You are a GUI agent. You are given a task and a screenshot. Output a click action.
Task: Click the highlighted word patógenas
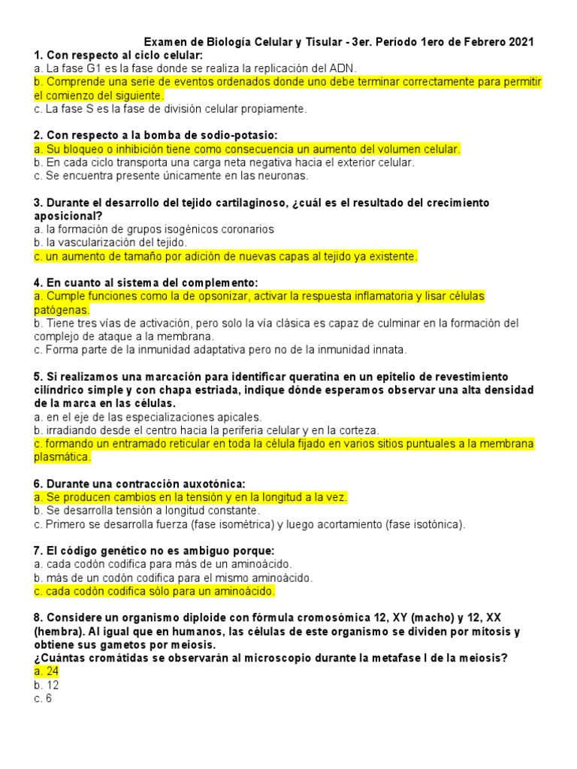(x=62, y=310)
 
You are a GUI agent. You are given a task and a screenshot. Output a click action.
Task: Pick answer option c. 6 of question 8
(x=43, y=698)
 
